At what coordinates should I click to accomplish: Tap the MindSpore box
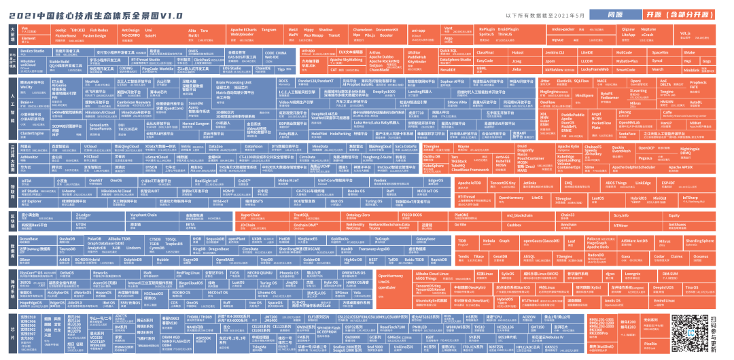[584, 96]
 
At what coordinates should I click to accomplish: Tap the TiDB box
[462, 241]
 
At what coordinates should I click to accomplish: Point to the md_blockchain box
[517, 215]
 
